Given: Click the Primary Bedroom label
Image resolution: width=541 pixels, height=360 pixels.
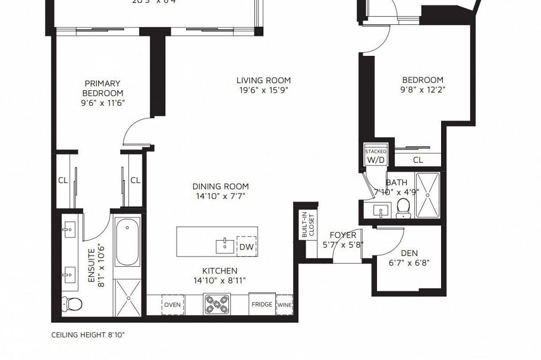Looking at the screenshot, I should click(102, 89).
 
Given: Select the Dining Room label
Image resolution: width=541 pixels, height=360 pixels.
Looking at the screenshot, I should click(220, 186).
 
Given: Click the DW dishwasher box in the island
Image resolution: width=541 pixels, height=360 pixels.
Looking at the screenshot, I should click(246, 246).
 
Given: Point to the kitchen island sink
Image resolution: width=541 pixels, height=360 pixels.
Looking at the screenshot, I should click(225, 245).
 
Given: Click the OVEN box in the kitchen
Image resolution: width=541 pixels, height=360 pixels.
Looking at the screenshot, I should click(172, 305).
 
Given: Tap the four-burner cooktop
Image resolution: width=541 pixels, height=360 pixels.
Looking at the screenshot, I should click(217, 305).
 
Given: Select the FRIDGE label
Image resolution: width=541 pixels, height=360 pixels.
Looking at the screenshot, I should click(262, 305).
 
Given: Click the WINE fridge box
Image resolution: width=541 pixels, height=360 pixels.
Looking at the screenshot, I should click(285, 305).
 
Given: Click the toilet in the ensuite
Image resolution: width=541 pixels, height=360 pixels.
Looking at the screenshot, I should click(74, 304).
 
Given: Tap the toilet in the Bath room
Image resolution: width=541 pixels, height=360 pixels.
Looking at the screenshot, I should click(403, 207).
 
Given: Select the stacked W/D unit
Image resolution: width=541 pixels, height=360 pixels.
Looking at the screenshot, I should click(376, 157).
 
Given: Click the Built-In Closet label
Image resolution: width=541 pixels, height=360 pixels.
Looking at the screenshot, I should click(307, 225).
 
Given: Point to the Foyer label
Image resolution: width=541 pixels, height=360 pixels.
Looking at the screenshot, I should click(343, 235).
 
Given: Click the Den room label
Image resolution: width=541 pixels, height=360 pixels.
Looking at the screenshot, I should click(409, 253).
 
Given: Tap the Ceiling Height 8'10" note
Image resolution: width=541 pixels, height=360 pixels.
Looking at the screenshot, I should click(88, 335).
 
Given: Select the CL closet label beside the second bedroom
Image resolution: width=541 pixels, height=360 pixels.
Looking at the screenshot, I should click(418, 160).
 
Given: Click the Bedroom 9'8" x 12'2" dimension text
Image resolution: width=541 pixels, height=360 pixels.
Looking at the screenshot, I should click(423, 90).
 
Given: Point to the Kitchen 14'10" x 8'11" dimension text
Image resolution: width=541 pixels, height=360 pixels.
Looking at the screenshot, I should click(219, 280).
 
